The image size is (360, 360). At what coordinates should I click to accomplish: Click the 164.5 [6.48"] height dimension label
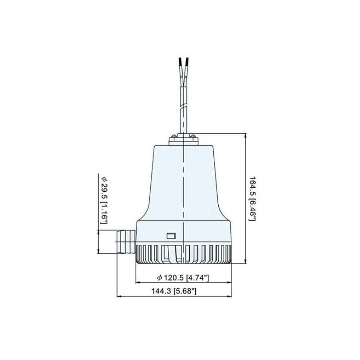(252, 198)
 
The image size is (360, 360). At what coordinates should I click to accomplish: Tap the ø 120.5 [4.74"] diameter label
(183, 278)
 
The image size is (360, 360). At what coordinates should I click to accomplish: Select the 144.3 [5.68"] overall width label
(174, 291)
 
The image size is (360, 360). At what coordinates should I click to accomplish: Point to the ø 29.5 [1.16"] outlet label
(104, 200)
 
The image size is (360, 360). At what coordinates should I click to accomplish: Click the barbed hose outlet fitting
(126, 242)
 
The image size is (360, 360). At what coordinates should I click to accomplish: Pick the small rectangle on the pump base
(171, 236)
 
